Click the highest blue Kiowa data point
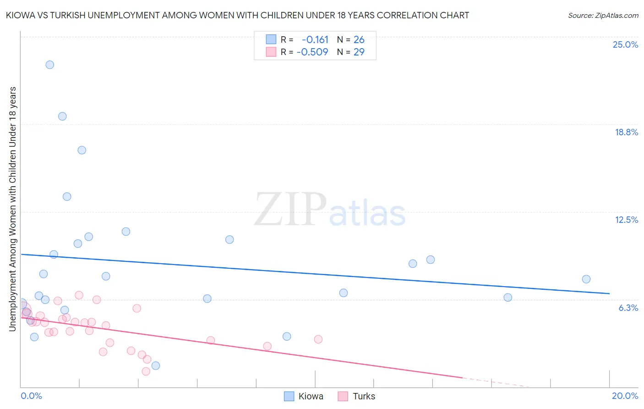[50, 65]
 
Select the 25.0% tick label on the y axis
[625, 44]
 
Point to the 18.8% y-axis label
[626, 132]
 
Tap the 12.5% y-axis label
[626, 220]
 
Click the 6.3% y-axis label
[628, 308]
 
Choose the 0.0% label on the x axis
[31, 396]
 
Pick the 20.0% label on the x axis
[625, 396]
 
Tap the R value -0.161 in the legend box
[315, 40]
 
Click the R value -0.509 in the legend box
[312, 52]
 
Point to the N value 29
[359, 52]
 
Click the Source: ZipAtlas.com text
[603, 15]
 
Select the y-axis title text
[12, 209]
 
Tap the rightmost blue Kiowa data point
[586, 279]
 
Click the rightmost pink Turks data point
[318, 339]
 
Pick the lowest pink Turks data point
[146, 371]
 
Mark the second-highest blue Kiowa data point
[62, 116]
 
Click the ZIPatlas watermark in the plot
[330, 210]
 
